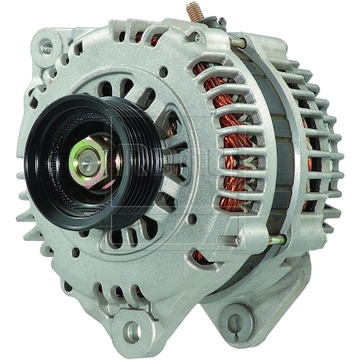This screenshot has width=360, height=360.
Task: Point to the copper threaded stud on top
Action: (x=194, y=13)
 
